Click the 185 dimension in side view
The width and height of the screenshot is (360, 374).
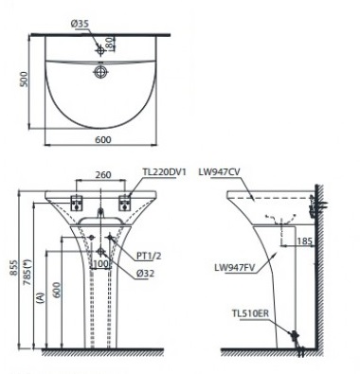point(306,242)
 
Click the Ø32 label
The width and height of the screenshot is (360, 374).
point(144,275)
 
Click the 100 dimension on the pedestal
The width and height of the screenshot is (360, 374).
point(99,264)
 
